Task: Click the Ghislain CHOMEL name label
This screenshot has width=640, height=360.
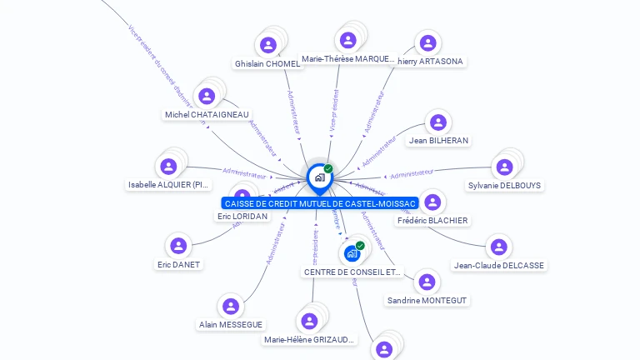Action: click(x=267, y=64)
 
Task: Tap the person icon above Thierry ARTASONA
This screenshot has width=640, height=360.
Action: click(x=427, y=42)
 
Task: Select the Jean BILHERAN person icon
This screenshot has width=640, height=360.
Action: click(x=438, y=122)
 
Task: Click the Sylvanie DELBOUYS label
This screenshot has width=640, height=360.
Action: click(x=504, y=185)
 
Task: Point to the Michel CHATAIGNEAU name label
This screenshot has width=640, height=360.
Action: click(x=207, y=114)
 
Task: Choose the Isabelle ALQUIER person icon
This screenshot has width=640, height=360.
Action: click(x=168, y=166)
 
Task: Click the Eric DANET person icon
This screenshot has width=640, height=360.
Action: click(x=178, y=246)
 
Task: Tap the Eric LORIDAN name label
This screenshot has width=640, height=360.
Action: click(x=242, y=216)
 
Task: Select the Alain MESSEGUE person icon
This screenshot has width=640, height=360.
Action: click(x=231, y=306)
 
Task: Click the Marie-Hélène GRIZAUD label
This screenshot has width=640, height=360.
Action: click(x=309, y=339)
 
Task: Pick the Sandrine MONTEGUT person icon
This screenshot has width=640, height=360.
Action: click(x=427, y=282)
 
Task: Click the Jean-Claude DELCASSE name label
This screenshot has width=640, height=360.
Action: click(x=498, y=265)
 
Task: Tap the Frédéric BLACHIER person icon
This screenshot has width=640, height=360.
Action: click(x=432, y=202)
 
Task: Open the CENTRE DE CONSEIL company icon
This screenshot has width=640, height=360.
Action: click(x=352, y=252)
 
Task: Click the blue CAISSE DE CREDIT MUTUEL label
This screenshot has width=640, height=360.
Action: click(x=320, y=203)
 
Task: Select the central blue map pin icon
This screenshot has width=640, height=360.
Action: click(x=318, y=177)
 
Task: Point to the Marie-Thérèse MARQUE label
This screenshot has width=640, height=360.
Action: click(x=348, y=59)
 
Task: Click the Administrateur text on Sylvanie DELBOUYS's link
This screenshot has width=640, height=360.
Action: click(x=412, y=173)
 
